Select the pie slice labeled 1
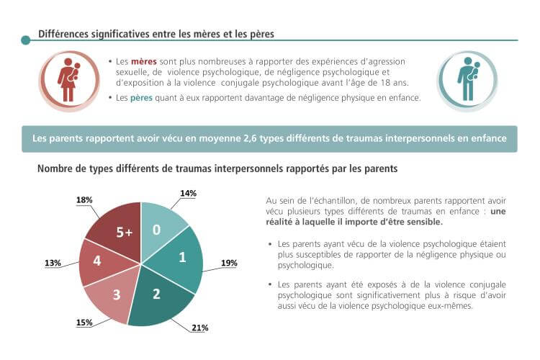[x=182, y=257]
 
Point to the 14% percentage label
[x=188, y=194]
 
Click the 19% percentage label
[x=229, y=263]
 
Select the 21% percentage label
[x=199, y=328]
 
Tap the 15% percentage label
[x=84, y=323]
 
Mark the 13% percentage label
[x=53, y=264]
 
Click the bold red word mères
[x=143, y=62]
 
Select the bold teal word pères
[x=142, y=99]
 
